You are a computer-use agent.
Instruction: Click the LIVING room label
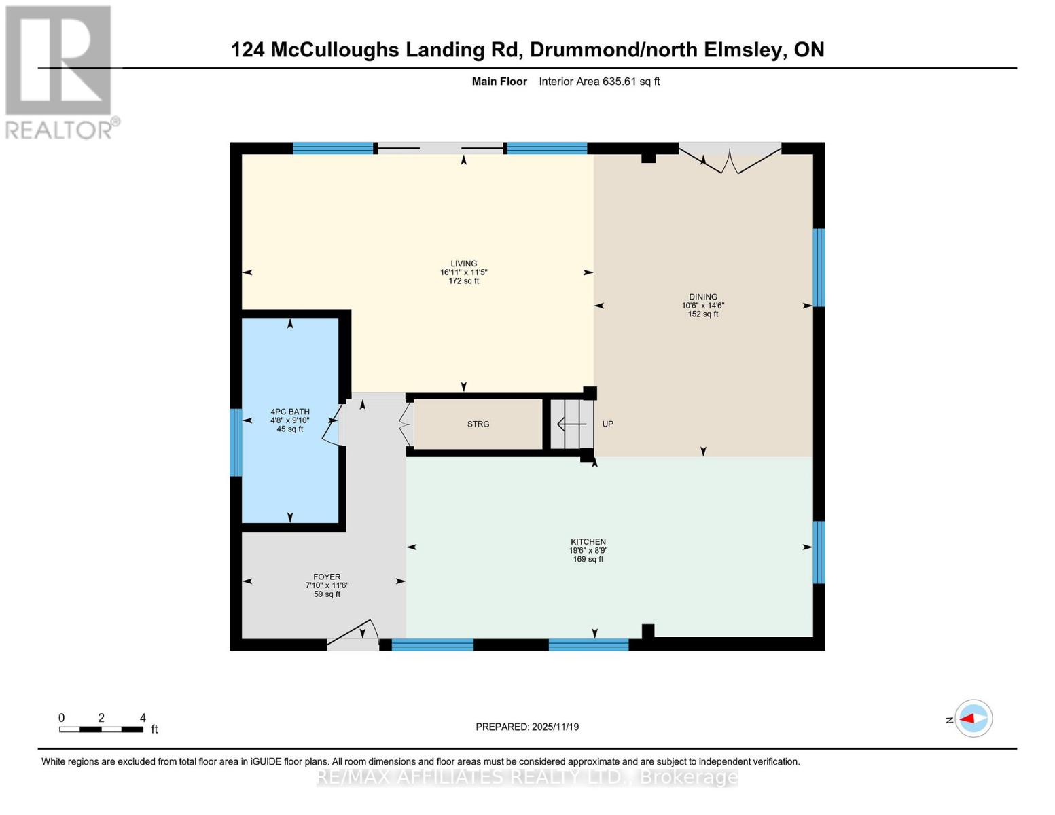(x=463, y=264)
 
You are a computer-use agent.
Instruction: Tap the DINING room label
(x=702, y=297)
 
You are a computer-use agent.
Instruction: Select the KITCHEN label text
(x=588, y=542)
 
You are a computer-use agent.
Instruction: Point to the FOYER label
(x=327, y=577)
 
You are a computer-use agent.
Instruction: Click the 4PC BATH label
(x=290, y=412)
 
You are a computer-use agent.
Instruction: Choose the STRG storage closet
(x=478, y=424)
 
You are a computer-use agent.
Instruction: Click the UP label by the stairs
(x=607, y=424)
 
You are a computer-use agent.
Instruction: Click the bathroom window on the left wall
(x=236, y=442)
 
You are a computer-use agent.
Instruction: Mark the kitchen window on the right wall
(x=819, y=552)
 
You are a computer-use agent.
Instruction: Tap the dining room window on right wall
(x=819, y=267)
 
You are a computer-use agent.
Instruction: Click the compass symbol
(x=973, y=719)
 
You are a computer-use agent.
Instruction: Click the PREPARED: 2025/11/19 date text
(x=527, y=727)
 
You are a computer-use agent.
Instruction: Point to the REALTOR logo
(x=59, y=71)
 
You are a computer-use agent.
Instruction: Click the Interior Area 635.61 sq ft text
(x=599, y=81)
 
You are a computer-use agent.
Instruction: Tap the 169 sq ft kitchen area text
(x=588, y=560)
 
